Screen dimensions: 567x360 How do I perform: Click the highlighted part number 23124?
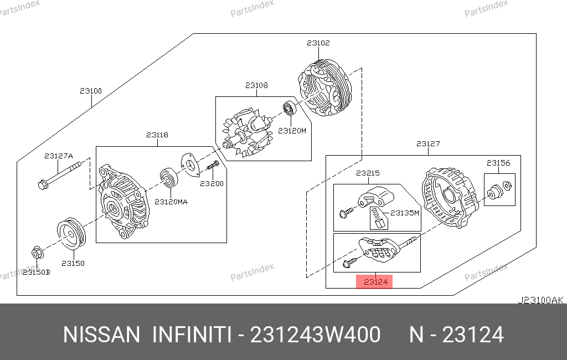pyautogui.click(x=375, y=282)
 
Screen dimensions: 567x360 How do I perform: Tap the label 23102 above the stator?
pyautogui.click(x=318, y=43)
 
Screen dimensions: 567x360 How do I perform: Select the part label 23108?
pyautogui.click(x=256, y=85)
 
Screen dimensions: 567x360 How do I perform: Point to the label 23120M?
pyautogui.click(x=292, y=131)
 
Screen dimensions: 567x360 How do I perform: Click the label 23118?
pyautogui.click(x=157, y=135)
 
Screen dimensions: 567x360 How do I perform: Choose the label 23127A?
pyautogui.click(x=59, y=156)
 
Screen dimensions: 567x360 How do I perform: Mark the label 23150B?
pyautogui.click(x=36, y=272)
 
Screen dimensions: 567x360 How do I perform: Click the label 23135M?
pyautogui.click(x=405, y=213)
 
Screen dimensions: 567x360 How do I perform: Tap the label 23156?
pyautogui.click(x=498, y=163)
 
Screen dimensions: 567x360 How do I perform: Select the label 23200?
pyautogui.click(x=212, y=184)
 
